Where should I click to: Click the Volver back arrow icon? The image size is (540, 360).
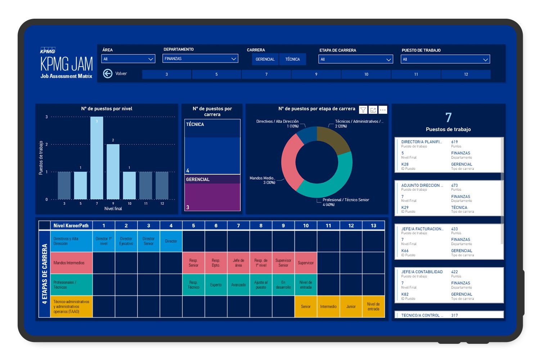(x=107, y=73)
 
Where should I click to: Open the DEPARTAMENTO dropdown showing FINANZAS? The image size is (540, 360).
(x=200, y=59)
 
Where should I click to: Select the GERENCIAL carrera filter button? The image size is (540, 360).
(x=265, y=59)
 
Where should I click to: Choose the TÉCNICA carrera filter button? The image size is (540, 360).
(x=292, y=59)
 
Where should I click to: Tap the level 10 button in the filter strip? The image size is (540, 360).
(x=366, y=75)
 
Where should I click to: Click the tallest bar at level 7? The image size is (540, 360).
(x=97, y=158)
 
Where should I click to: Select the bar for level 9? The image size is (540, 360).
(x=113, y=172)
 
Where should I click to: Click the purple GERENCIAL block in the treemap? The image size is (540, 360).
(x=212, y=196)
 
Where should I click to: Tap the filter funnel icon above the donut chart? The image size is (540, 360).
(x=363, y=110)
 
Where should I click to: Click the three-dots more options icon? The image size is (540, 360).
(x=383, y=110)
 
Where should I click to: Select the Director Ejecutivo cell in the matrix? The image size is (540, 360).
(x=126, y=241)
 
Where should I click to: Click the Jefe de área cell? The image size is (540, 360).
(x=238, y=263)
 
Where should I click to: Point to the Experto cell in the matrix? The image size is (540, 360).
(x=216, y=285)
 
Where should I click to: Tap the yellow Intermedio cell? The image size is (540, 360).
(x=328, y=307)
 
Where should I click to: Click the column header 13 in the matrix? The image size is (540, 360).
(x=373, y=226)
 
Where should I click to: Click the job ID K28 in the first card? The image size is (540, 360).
(x=405, y=164)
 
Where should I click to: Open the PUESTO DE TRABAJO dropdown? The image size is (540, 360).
(x=445, y=59)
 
